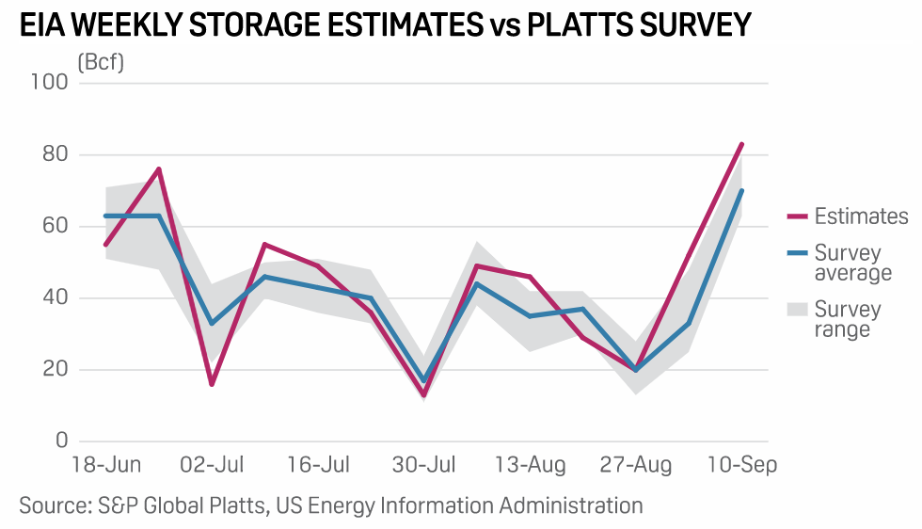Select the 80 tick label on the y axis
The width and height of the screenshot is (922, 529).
56,154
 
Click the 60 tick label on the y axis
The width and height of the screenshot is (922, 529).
56,227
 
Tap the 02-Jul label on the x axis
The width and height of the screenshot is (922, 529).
213,465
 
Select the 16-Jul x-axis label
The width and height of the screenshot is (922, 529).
319,465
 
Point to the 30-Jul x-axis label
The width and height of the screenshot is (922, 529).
424,465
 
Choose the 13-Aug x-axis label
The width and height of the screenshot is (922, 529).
532,465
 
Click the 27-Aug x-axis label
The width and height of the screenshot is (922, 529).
637,465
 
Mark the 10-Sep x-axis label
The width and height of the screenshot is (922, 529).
742,465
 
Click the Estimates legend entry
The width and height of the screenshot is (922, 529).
861,216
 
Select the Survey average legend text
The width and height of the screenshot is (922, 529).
848,264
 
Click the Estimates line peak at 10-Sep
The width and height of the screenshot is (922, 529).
742,144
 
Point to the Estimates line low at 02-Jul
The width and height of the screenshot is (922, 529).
212,384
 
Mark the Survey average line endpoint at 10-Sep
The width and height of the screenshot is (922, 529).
742,190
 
